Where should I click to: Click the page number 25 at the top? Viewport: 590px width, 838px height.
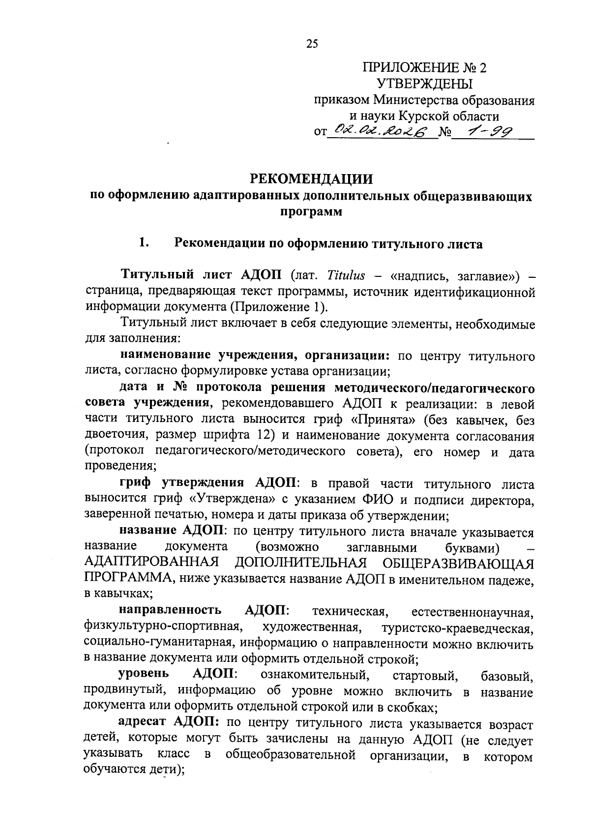(x=312, y=44)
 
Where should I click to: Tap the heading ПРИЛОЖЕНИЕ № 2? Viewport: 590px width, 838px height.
(x=423, y=67)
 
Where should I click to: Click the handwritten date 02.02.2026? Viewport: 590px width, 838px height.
(x=381, y=130)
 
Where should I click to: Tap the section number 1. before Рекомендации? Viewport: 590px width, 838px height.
(x=143, y=243)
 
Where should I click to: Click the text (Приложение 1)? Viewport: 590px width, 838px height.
(x=278, y=307)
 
